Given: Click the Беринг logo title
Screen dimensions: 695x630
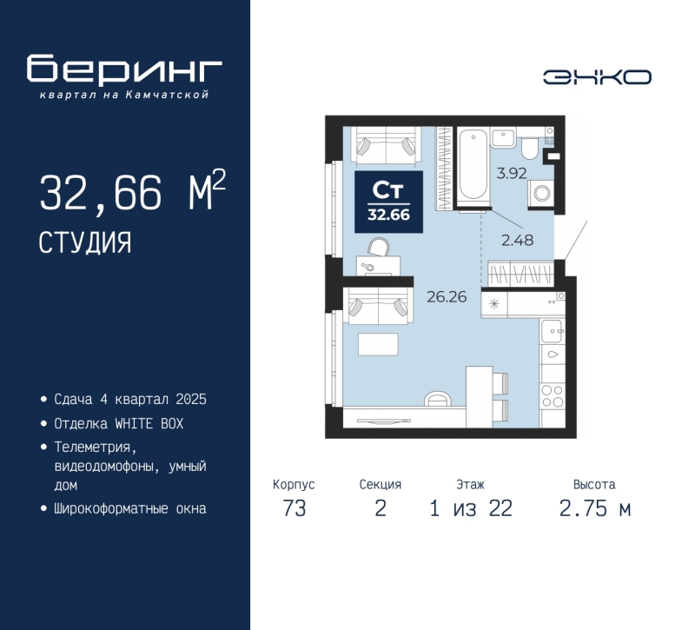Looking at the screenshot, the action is point(124,70).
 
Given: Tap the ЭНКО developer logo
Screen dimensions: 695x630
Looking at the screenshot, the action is point(597,77).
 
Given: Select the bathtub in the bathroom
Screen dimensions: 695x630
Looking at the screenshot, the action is point(473,166).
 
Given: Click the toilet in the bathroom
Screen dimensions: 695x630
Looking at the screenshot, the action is point(529,147).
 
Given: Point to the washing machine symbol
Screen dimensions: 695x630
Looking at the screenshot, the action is point(541,193).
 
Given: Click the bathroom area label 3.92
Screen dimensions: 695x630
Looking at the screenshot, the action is point(512,173).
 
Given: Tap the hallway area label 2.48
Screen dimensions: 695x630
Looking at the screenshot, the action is point(517,241).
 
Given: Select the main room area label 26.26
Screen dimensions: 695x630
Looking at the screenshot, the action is point(447,296).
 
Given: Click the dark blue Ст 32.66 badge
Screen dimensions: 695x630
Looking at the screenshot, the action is point(388,202).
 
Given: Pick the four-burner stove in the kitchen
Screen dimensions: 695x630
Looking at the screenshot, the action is point(553,396).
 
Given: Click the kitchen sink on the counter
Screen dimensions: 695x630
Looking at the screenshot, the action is point(552,331).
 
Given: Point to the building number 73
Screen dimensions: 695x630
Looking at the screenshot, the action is point(295,508).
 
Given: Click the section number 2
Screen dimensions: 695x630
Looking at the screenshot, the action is point(381,508).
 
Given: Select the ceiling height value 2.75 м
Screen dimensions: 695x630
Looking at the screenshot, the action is point(595,508).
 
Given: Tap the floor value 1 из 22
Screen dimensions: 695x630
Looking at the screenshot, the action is point(471,508).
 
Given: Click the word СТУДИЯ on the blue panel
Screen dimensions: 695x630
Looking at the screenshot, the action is point(85,242).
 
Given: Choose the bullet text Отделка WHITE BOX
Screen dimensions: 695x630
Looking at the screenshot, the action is point(119,424).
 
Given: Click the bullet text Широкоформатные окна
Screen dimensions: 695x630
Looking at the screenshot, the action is point(130,508).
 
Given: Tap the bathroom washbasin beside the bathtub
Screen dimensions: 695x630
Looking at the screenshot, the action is point(503,138).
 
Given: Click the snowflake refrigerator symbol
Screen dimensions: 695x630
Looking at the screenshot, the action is point(493,304).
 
